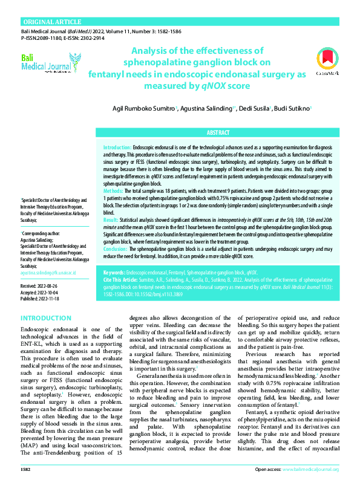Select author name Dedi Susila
pyautogui.click(x=255, y=108)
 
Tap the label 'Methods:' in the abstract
pyautogui.click(x=114, y=190)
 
